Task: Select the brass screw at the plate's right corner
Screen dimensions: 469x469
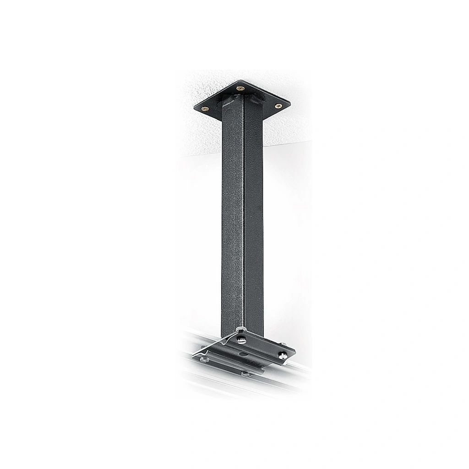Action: point(278,106)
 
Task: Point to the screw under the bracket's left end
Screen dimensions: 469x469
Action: point(204,360)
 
